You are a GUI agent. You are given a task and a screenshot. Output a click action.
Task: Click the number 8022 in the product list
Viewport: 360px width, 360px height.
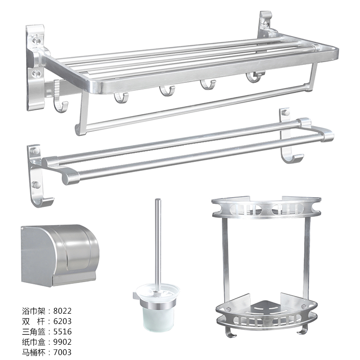tap(63, 311)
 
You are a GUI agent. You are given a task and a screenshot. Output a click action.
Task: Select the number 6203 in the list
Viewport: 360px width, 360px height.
tap(63, 321)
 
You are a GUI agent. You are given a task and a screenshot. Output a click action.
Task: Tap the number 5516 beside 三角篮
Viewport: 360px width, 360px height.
tap(63, 332)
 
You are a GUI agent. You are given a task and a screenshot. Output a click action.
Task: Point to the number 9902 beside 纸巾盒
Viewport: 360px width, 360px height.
tap(63, 342)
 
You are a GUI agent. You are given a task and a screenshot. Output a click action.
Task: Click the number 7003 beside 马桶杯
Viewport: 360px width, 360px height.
tap(63, 352)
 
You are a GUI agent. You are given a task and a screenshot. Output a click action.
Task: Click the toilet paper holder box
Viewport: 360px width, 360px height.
tap(60, 255)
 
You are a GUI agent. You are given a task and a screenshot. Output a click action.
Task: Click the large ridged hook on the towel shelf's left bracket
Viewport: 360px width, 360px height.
tap(59, 96)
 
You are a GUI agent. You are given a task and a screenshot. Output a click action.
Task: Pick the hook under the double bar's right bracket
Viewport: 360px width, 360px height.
tap(292, 158)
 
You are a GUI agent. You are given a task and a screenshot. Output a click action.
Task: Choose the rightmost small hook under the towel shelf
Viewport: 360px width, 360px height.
tap(254, 77)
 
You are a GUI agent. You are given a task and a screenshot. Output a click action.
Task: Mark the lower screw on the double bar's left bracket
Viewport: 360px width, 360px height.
tap(36, 184)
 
